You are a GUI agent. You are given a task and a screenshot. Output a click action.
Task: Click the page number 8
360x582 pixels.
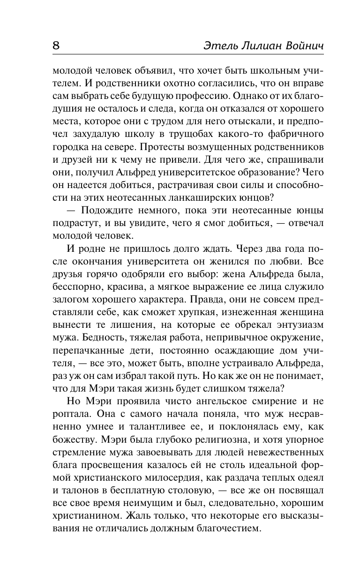[x=56, y=46]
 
